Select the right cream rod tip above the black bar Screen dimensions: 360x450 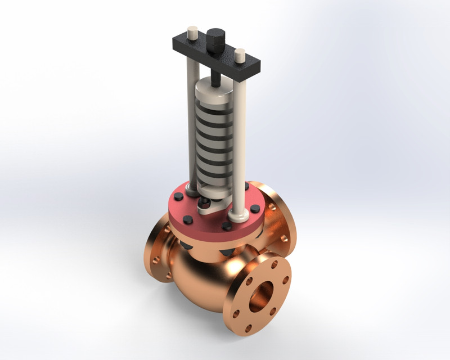(x=240, y=56)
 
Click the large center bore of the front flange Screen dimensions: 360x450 (x=261, y=295)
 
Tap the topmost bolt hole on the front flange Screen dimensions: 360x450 (x=274, y=263)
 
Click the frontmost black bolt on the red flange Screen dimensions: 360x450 (x=227, y=226)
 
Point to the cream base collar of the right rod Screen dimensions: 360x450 (x=237, y=213)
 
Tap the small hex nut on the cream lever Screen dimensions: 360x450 (x=206, y=202)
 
